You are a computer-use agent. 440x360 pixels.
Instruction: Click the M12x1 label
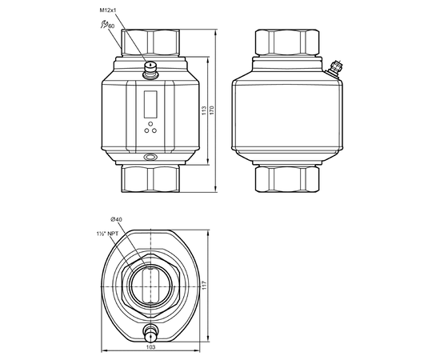click(108, 10)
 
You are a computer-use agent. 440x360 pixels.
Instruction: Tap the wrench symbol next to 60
click(104, 25)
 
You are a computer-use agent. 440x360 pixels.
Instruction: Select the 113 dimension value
click(204, 110)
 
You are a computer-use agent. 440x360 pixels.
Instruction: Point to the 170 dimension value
click(212, 110)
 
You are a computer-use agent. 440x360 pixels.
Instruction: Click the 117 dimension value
click(204, 285)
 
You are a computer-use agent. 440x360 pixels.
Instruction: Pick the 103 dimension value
click(150, 347)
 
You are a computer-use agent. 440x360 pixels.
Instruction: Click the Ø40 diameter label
click(117, 219)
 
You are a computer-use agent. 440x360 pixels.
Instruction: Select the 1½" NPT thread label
click(107, 234)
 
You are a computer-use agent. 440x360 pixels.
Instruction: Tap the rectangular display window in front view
click(150, 104)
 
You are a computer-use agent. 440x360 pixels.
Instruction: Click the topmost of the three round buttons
click(150, 124)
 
